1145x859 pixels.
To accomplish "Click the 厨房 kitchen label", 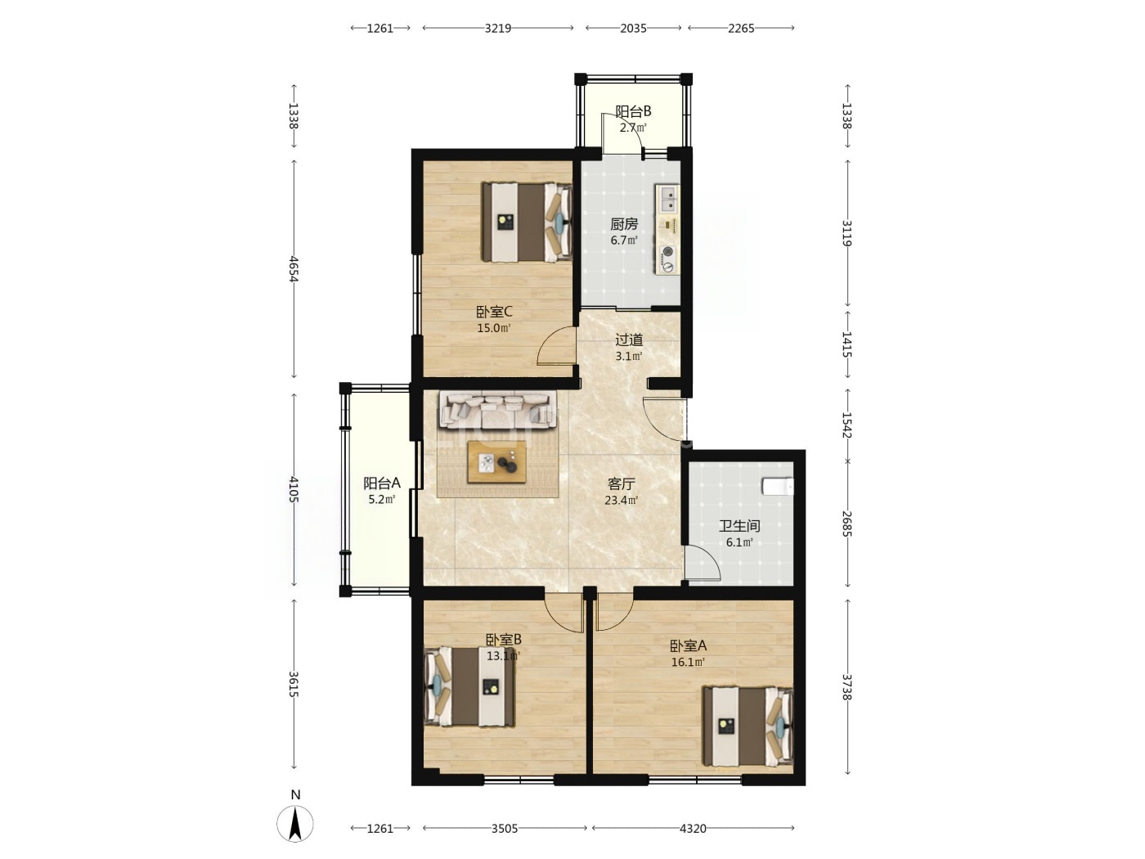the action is pos(624,224).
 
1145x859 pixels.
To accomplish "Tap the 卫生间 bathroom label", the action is pos(739,525).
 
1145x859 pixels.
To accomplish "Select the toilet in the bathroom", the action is pos(777,486).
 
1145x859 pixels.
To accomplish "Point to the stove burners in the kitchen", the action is pos(667,259).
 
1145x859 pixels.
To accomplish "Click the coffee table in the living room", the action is pos(496,461).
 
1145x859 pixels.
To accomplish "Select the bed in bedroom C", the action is pos(527,222).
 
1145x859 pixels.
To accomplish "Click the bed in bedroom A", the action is pos(748,726).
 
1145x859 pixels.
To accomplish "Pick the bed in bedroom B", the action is pos(469,686).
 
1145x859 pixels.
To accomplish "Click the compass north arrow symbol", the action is pos(295,823).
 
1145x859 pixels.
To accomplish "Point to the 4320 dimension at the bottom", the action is pos(693,828).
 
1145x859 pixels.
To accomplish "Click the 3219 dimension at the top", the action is pos(497,28).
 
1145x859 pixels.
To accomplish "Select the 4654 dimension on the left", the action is pos(294,268).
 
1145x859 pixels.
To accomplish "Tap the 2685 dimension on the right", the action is pos(846,524).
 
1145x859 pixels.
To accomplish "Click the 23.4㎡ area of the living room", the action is pos(622,501).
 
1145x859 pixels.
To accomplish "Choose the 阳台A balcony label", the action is pos(382,483).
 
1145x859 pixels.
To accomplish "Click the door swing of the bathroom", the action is pos(703,563).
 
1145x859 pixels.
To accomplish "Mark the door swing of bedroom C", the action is pos(556,345).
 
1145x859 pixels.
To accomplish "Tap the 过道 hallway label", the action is pos(629,340).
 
